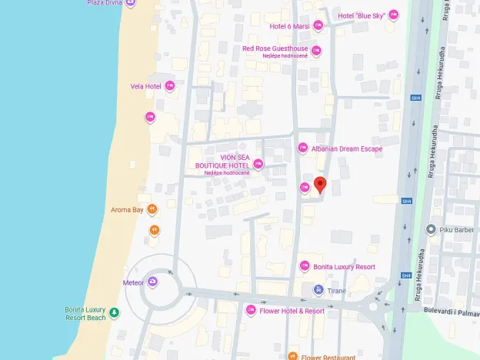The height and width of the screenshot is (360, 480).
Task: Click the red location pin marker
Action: [x=320, y=185]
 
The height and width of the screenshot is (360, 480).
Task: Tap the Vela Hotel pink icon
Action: [x=170, y=86]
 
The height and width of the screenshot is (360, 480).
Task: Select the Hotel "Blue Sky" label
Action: [x=361, y=15]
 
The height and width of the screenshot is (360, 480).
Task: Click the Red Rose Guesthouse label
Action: [x=275, y=48]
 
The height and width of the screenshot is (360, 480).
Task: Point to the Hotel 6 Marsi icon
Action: [x=318, y=26]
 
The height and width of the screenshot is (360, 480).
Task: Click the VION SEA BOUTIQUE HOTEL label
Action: [x=222, y=162]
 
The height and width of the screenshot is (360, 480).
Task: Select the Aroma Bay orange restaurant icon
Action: [x=152, y=209]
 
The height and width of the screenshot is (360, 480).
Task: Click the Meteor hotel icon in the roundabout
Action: [x=153, y=282]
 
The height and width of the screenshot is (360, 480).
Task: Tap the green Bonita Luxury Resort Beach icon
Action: [x=114, y=312]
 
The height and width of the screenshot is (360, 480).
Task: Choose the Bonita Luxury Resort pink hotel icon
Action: [x=305, y=266]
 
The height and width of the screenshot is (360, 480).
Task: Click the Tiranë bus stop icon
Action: [x=318, y=290]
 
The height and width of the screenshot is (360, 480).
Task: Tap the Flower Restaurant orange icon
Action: [x=292, y=356]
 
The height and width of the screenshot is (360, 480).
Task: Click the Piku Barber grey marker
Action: [x=432, y=228]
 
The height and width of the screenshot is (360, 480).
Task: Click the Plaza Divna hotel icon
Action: [x=130, y=3]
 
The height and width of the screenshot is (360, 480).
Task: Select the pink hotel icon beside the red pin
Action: [x=305, y=188]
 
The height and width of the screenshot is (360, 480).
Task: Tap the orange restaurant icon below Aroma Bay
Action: [x=155, y=229]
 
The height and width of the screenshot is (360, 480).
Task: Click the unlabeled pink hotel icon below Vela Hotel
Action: [x=150, y=117]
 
